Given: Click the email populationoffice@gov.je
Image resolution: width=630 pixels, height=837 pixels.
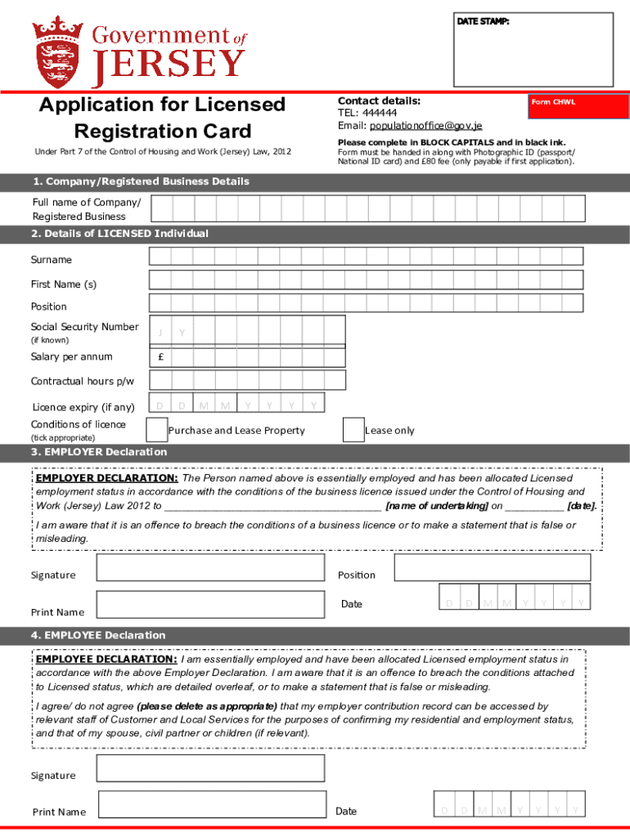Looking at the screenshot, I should click(425, 126).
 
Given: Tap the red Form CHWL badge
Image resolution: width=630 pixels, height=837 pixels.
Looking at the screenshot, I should click(553, 102).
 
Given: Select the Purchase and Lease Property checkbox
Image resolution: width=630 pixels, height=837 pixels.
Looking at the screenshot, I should click(156, 429).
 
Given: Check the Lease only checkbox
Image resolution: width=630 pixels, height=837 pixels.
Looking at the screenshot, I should click(353, 429).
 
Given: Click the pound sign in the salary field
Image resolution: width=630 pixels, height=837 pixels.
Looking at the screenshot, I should click(160, 357).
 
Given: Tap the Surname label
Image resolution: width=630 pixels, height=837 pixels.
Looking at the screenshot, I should click(52, 260).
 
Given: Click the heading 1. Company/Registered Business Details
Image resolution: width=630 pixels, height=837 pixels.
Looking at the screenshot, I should click(140, 181).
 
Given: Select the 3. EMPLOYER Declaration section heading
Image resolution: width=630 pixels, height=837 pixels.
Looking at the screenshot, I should click(99, 452).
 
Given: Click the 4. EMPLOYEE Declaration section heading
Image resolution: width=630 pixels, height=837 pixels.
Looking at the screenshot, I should click(98, 635).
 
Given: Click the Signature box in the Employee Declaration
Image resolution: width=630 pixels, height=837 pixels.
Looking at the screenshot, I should click(210, 768).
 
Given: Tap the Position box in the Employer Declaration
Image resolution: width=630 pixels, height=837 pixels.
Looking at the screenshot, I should click(493, 567).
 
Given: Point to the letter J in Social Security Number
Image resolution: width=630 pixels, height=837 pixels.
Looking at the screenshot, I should click(160, 332).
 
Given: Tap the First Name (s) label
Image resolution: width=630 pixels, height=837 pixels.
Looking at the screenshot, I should click(64, 284).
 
